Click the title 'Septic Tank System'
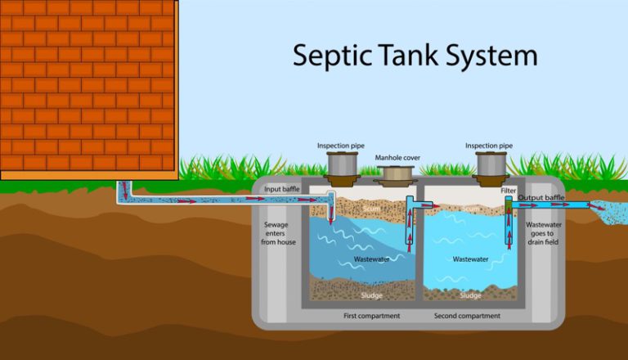coord(415,55)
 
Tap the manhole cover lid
coord(395,173)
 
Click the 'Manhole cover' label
coord(397,157)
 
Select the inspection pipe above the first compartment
coord(340,167)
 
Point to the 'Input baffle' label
coord(284,189)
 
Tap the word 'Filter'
coord(509,190)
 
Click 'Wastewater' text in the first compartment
coord(370,259)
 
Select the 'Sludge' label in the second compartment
coord(470,295)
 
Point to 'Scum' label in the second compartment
coord(470,209)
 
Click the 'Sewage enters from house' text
coord(280,233)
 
